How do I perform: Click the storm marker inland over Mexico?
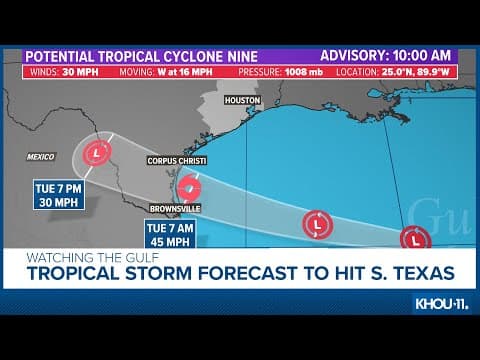click(97, 153)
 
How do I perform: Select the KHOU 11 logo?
click(440, 303)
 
